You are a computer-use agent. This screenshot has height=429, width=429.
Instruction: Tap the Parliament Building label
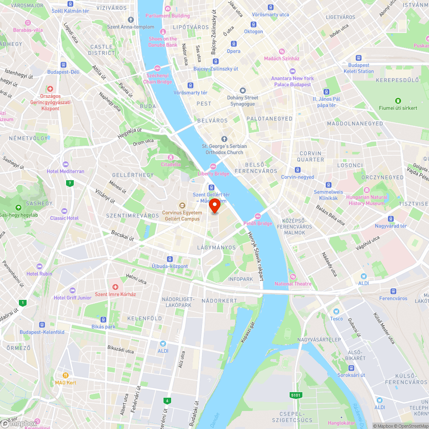point(167,16)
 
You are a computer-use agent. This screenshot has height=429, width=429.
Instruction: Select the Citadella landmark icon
point(171,157)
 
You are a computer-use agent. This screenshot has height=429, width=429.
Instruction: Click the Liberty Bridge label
point(213,174)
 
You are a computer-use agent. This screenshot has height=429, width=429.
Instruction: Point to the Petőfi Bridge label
point(258,223)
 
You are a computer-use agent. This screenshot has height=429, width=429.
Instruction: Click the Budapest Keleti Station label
point(359,68)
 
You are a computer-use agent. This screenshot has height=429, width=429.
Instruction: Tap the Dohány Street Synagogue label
point(243,101)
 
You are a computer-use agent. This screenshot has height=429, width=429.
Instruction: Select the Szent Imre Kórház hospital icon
point(115,287)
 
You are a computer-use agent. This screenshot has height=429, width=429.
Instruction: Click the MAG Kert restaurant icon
point(66,375)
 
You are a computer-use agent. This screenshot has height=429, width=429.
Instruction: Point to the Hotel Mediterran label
point(66,171)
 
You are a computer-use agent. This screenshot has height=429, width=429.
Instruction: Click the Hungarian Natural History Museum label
point(366,200)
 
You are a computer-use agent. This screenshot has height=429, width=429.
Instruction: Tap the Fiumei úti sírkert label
point(398,108)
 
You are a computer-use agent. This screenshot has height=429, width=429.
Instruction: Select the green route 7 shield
point(69,183)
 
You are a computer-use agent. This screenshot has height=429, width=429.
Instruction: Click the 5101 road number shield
point(296,395)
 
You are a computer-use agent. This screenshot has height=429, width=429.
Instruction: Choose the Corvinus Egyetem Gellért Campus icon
point(182,205)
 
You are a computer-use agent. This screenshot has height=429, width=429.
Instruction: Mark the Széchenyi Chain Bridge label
point(157,79)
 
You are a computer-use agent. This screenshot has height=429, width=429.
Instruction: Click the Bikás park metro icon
point(103,320)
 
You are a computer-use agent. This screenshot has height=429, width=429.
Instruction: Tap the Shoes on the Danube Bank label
point(163,42)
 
